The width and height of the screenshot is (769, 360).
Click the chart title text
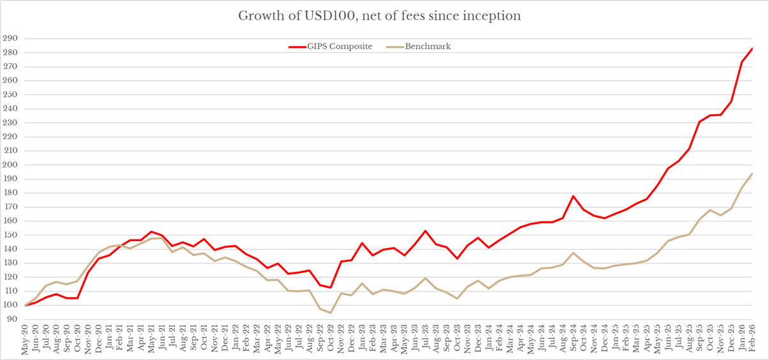coord(379,15)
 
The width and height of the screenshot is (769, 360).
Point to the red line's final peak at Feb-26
coord(752,49)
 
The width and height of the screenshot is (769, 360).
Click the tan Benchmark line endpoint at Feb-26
coord(752,173)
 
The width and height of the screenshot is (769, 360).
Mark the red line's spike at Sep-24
coord(573,196)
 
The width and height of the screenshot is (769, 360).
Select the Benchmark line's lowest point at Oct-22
coord(331,313)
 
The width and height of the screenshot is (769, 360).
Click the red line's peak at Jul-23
coord(425,230)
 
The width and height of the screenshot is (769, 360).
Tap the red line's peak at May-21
coord(151,231)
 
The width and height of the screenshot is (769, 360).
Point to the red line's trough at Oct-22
coord(331,287)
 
